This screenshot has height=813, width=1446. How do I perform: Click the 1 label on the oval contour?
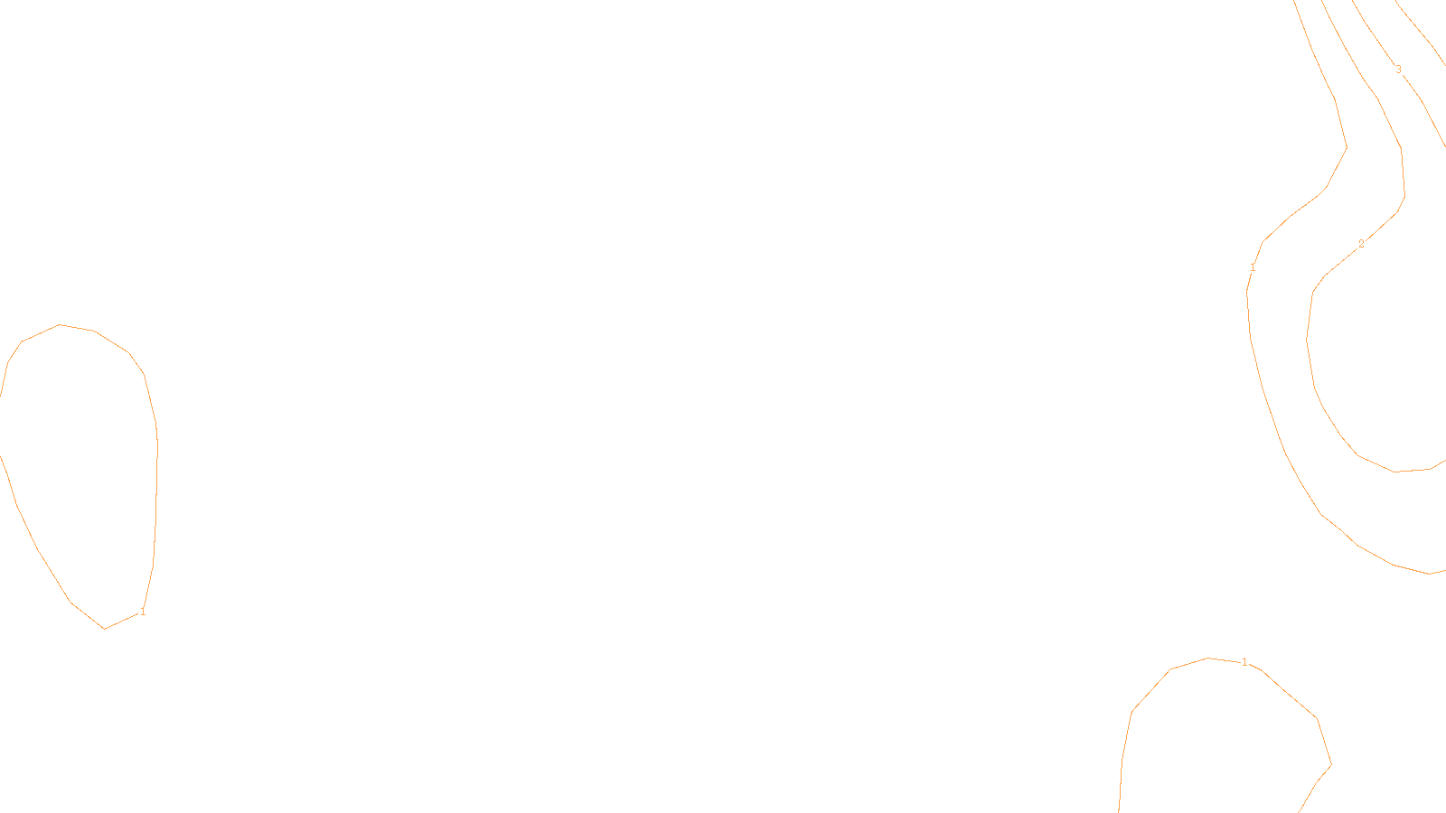pos(142,612)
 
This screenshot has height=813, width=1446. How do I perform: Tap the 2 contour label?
pos(1361,244)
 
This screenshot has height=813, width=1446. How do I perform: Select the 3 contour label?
pos(1398,70)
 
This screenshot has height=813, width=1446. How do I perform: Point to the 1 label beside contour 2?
pos(1253,267)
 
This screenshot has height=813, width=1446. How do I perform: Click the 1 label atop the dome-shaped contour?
pos(1244,662)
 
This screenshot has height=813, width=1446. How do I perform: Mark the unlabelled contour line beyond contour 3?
pos(1419,27)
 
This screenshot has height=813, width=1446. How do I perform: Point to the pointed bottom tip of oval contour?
pos(105,629)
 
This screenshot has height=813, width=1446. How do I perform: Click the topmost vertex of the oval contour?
pos(60,324)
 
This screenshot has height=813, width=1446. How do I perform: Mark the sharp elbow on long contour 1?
pos(1347,147)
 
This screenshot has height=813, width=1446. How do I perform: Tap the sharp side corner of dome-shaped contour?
pos(1331,764)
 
